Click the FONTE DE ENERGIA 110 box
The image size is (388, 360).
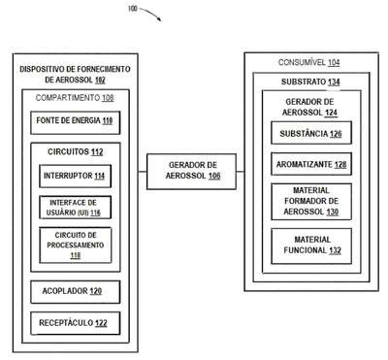click(x=76, y=122)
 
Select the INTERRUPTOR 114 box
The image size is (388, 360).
click(x=76, y=177)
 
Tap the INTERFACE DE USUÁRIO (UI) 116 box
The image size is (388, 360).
click(x=76, y=208)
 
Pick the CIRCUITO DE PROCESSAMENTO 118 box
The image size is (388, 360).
click(x=76, y=245)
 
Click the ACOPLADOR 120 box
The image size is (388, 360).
click(x=76, y=292)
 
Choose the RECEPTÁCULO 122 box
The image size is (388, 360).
click(x=76, y=323)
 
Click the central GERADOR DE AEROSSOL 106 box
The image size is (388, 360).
click(x=191, y=172)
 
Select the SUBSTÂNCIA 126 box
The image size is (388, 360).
click(x=311, y=133)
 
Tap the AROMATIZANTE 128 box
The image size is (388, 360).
click(x=311, y=164)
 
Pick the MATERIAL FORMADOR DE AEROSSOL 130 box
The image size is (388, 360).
click(x=311, y=202)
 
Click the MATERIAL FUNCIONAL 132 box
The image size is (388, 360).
click(x=311, y=246)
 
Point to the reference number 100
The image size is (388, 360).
click(x=133, y=9)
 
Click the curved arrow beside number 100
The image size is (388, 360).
click(x=152, y=13)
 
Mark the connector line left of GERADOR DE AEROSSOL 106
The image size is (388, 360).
click(x=143, y=172)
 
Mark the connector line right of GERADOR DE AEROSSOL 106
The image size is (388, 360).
click(x=241, y=172)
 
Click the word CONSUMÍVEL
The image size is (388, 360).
click(x=302, y=62)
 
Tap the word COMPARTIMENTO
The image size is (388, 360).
click(x=68, y=98)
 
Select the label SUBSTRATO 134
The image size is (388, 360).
click(x=310, y=82)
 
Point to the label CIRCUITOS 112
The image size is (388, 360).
click(x=76, y=151)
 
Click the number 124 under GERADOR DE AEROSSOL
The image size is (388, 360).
click(x=331, y=113)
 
